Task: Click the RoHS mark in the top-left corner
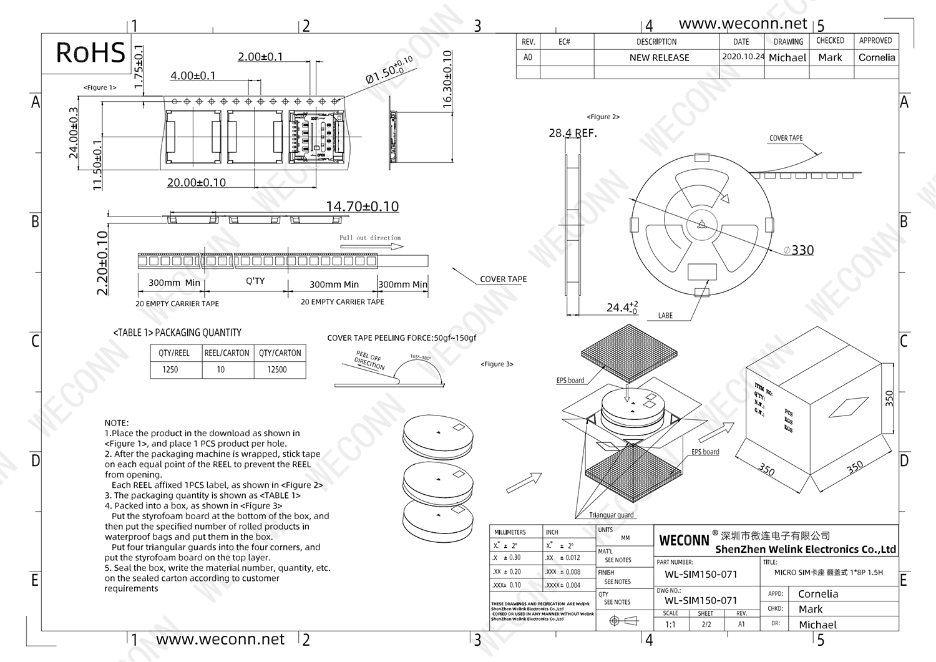point(90,53)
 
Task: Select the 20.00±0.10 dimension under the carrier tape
point(196,183)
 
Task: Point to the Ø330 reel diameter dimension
point(799,250)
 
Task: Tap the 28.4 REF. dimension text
point(572,133)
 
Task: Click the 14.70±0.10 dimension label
point(362,207)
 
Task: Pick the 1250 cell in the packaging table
point(170,369)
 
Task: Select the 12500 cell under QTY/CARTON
point(277,369)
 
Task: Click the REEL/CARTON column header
point(227,353)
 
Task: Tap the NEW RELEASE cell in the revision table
point(659,57)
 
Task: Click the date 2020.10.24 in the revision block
point(743,56)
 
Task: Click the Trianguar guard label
point(611,515)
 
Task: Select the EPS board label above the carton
point(570,381)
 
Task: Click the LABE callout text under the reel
point(665,316)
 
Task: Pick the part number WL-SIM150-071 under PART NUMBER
point(701,574)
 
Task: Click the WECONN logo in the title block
point(684,540)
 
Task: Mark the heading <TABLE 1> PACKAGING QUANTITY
point(177,333)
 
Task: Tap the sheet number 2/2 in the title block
point(706,624)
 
